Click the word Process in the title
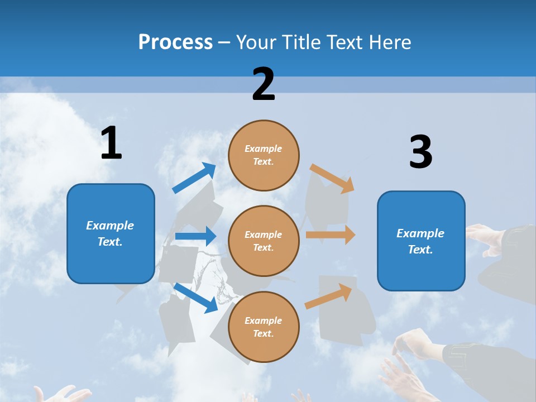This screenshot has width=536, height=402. [175, 42]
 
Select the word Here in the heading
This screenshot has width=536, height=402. [388, 42]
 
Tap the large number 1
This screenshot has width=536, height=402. [111, 143]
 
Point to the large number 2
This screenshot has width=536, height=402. [264, 84]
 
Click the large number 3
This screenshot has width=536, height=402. [420, 152]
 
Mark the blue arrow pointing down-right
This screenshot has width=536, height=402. [195, 298]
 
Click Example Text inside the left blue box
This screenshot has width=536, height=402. [110, 233]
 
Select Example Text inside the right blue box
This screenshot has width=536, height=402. [420, 241]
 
